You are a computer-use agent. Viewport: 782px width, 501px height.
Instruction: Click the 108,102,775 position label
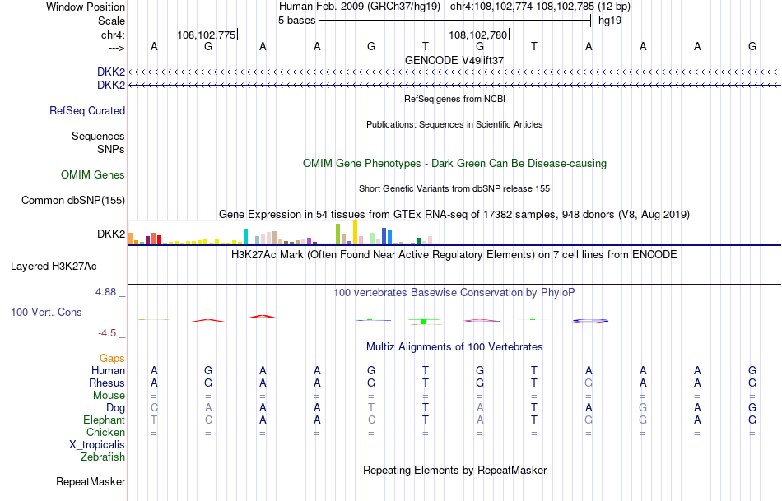(207, 35)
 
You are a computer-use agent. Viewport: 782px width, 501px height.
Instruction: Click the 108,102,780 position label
(478, 35)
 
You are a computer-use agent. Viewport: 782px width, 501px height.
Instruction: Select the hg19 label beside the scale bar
(610, 20)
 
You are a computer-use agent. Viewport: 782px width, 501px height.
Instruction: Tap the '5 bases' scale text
(297, 20)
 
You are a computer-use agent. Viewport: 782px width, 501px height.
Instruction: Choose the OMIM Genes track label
(93, 174)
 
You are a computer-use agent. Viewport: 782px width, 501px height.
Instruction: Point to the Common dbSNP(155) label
(73, 200)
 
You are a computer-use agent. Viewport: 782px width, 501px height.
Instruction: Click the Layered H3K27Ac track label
(54, 266)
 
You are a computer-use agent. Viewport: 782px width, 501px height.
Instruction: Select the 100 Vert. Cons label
(47, 313)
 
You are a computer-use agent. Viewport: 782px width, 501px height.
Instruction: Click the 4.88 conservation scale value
(109, 292)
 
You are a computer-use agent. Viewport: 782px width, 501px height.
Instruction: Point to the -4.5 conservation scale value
(110, 332)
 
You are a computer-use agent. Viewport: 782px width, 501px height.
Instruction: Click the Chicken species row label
(105, 432)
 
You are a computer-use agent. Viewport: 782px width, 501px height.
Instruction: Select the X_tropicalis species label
(97, 444)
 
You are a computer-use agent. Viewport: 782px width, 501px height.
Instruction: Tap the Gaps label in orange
(112, 358)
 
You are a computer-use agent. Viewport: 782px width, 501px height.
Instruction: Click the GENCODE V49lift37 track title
(454, 60)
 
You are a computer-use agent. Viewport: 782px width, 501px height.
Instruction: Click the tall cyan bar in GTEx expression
(245, 235)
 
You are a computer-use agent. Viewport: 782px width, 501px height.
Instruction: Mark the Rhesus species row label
(107, 383)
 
